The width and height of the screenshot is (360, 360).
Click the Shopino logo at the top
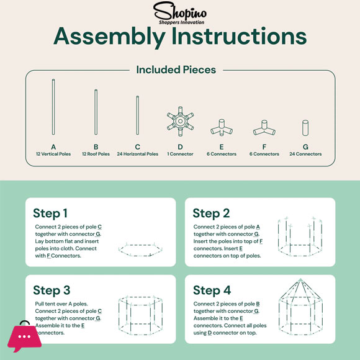click(x=180, y=13)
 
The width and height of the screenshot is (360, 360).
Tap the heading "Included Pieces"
click(x=176, y=70)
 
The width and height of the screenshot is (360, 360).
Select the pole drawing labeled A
click(x=53, y=107)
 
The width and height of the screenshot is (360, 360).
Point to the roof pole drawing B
click(x=96, y=112)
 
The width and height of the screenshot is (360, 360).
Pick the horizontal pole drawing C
click(x=138, y=115)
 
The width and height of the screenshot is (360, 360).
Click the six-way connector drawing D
click(x=180, y=121)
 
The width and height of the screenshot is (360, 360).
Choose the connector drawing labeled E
click(x=222, y=128)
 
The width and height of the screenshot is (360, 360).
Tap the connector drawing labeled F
click(x=264, y=128)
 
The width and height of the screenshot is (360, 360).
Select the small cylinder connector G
click(x=305, y=128)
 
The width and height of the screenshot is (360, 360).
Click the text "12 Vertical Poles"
click(x=53, y=154)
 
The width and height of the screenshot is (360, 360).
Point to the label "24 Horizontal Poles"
click(x=138, y=154)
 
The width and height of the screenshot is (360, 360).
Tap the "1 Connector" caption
click(x=180, y=154)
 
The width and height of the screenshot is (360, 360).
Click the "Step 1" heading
click(x=50, y=214)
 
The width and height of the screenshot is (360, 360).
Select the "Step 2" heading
click(x=211, y=214)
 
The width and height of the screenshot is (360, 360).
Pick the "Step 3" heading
click(x=52, y=290)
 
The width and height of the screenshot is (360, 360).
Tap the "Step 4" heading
click(x=212, y=290)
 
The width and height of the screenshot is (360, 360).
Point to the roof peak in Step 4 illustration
click(x=300, y=280)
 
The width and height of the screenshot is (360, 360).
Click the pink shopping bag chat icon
click(x=24, y=336)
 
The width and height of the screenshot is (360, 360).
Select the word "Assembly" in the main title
click(x=109, y=36)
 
